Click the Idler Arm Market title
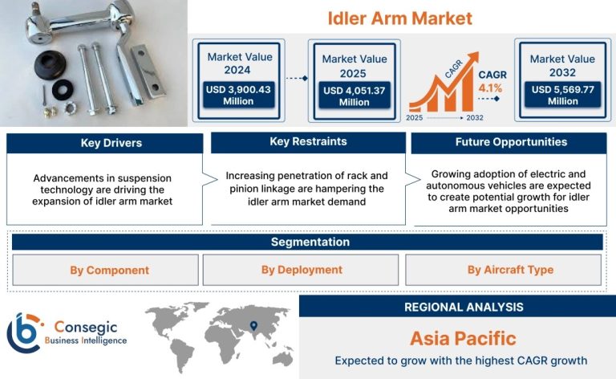[399, 18]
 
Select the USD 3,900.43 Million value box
[238, 95]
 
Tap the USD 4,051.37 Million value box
[355, 96]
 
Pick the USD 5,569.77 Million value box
[563, 95]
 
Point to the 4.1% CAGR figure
[490, 88]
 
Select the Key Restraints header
[308, 142]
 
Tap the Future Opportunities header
[509, 142]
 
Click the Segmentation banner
[307, 242]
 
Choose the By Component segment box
[105, 270]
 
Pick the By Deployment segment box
[301, 270]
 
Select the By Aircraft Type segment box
[503, 270]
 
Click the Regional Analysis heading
[464, 307]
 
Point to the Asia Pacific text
[463, 339]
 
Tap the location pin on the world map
[253, 326]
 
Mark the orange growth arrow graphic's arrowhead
[472, 57]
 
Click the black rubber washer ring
[63, 89]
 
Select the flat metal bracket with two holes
[148, 71]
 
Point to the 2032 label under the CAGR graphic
[475, 118]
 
